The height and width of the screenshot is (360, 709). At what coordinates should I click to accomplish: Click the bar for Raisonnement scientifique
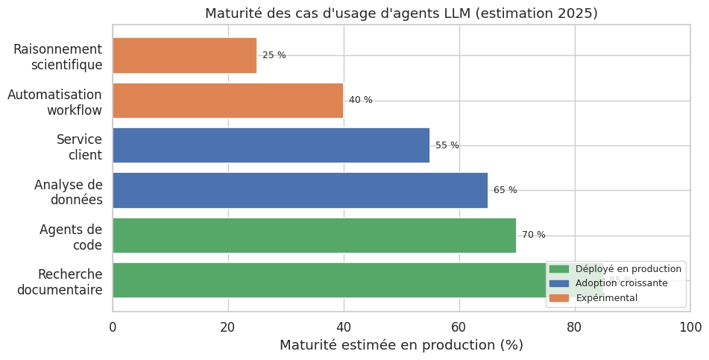184,55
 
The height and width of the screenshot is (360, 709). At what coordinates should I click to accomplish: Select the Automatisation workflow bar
227,101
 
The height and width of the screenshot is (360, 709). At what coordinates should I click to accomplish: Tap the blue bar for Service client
271,145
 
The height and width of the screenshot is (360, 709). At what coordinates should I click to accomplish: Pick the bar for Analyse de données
300,190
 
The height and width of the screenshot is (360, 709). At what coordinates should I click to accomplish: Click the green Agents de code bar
314,236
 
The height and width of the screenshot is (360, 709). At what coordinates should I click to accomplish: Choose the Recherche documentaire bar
328,280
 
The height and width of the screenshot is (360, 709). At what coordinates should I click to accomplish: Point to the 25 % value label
274,55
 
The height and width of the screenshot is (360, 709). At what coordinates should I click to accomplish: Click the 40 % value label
361,101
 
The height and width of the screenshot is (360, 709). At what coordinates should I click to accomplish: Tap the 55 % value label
447,145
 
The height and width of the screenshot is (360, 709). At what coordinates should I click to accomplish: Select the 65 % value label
505,190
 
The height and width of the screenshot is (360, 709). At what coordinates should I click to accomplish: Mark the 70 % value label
534,236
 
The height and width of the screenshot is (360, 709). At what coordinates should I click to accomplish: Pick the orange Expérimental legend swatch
558,298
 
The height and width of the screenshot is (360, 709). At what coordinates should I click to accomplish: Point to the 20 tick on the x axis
228,327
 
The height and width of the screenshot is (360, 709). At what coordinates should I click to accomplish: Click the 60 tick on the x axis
459,327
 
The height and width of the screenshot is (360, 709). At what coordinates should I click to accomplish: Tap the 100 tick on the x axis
690,327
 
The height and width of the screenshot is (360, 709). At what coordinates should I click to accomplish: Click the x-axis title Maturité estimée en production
401,346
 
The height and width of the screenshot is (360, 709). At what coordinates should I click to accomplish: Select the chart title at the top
401,13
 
